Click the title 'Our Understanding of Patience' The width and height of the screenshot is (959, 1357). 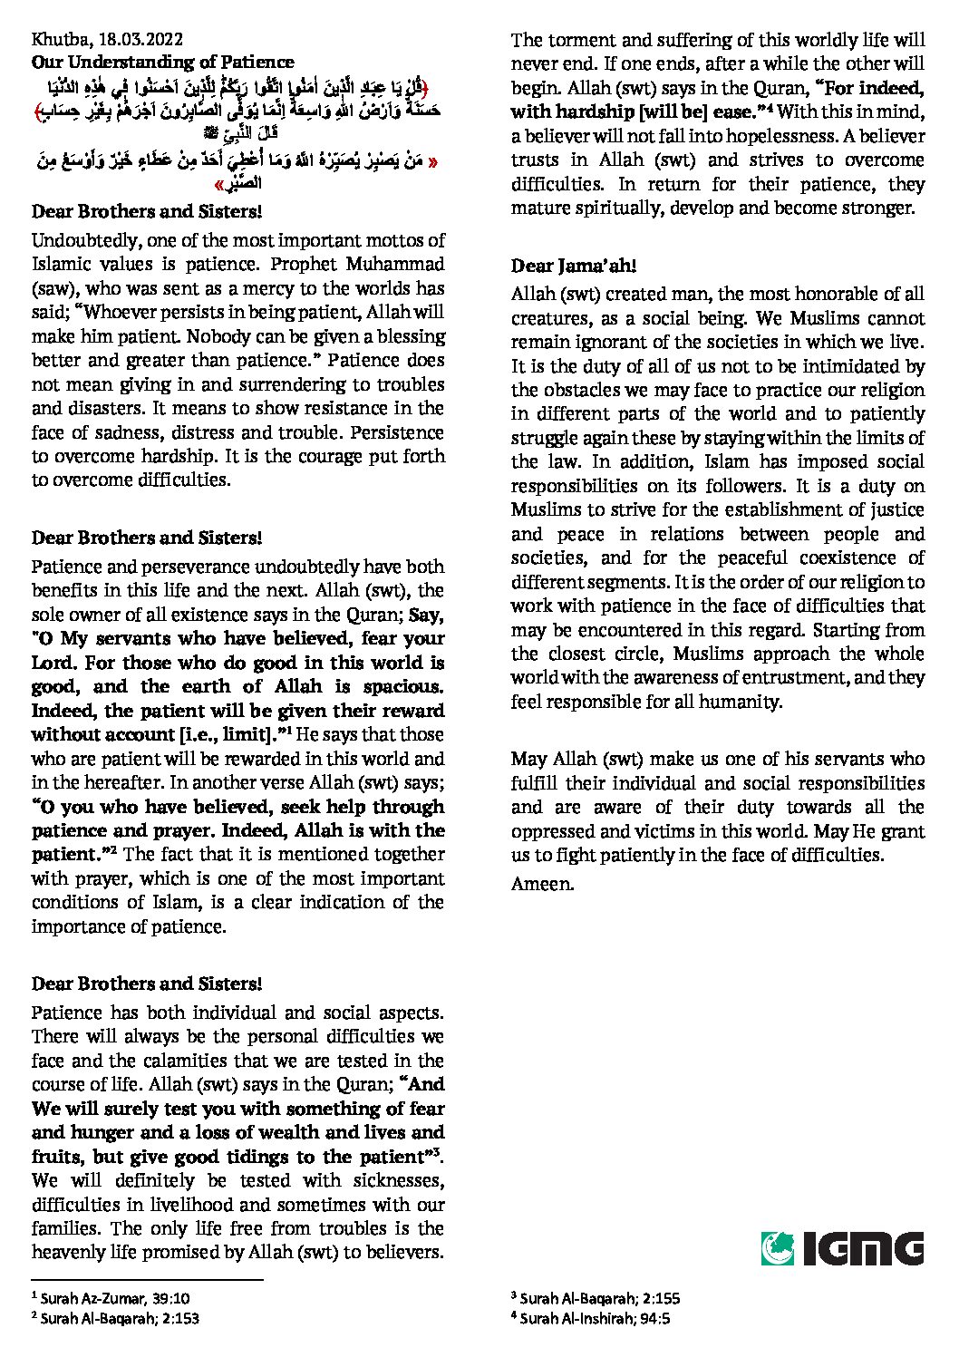point(162,62)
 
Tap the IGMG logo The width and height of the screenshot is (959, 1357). point(842,1247)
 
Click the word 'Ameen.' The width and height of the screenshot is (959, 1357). point(542,883)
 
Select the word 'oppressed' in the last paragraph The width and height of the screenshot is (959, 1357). point(550,830)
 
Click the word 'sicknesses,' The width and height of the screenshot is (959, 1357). point(396,1180)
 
